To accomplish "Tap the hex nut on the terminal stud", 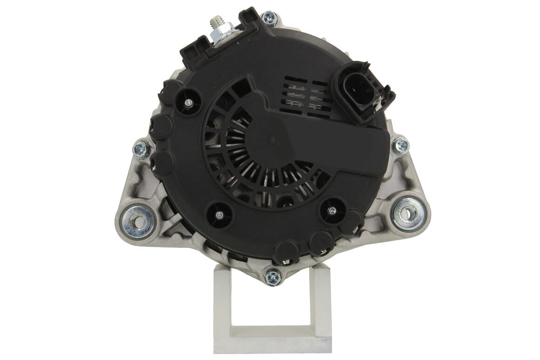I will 220,36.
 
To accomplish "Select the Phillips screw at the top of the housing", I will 270,19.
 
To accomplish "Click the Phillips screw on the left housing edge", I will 142,149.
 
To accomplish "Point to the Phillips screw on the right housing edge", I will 400,146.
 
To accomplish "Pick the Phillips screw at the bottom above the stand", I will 273,278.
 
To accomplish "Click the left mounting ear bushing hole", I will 136,221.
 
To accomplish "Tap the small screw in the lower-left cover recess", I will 219,214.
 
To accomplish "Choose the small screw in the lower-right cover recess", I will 332,211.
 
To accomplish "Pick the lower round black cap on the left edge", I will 162,162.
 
